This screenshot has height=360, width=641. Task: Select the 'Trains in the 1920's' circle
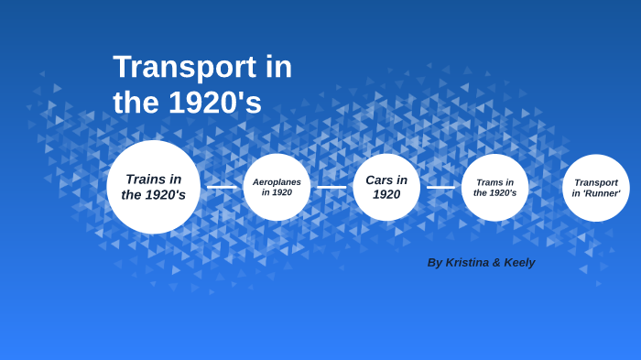click(153, 187)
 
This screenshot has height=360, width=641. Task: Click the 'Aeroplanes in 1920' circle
click(277, 187)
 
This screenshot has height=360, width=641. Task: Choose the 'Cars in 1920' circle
click(386, 187)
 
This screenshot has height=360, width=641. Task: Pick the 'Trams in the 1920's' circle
click(494, 187)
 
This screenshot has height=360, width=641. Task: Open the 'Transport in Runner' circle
click(596, 187)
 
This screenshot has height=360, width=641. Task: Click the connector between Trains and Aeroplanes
click(222, 187)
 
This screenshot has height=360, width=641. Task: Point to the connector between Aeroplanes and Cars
click(331, 187)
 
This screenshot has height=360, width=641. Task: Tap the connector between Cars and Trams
click(440, 187)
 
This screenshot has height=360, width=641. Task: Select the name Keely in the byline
click(517, 263)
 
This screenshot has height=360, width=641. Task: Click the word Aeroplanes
click(277, 181)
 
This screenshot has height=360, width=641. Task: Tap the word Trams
click(489, 181)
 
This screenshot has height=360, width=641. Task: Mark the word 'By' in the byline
click(435, 263)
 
